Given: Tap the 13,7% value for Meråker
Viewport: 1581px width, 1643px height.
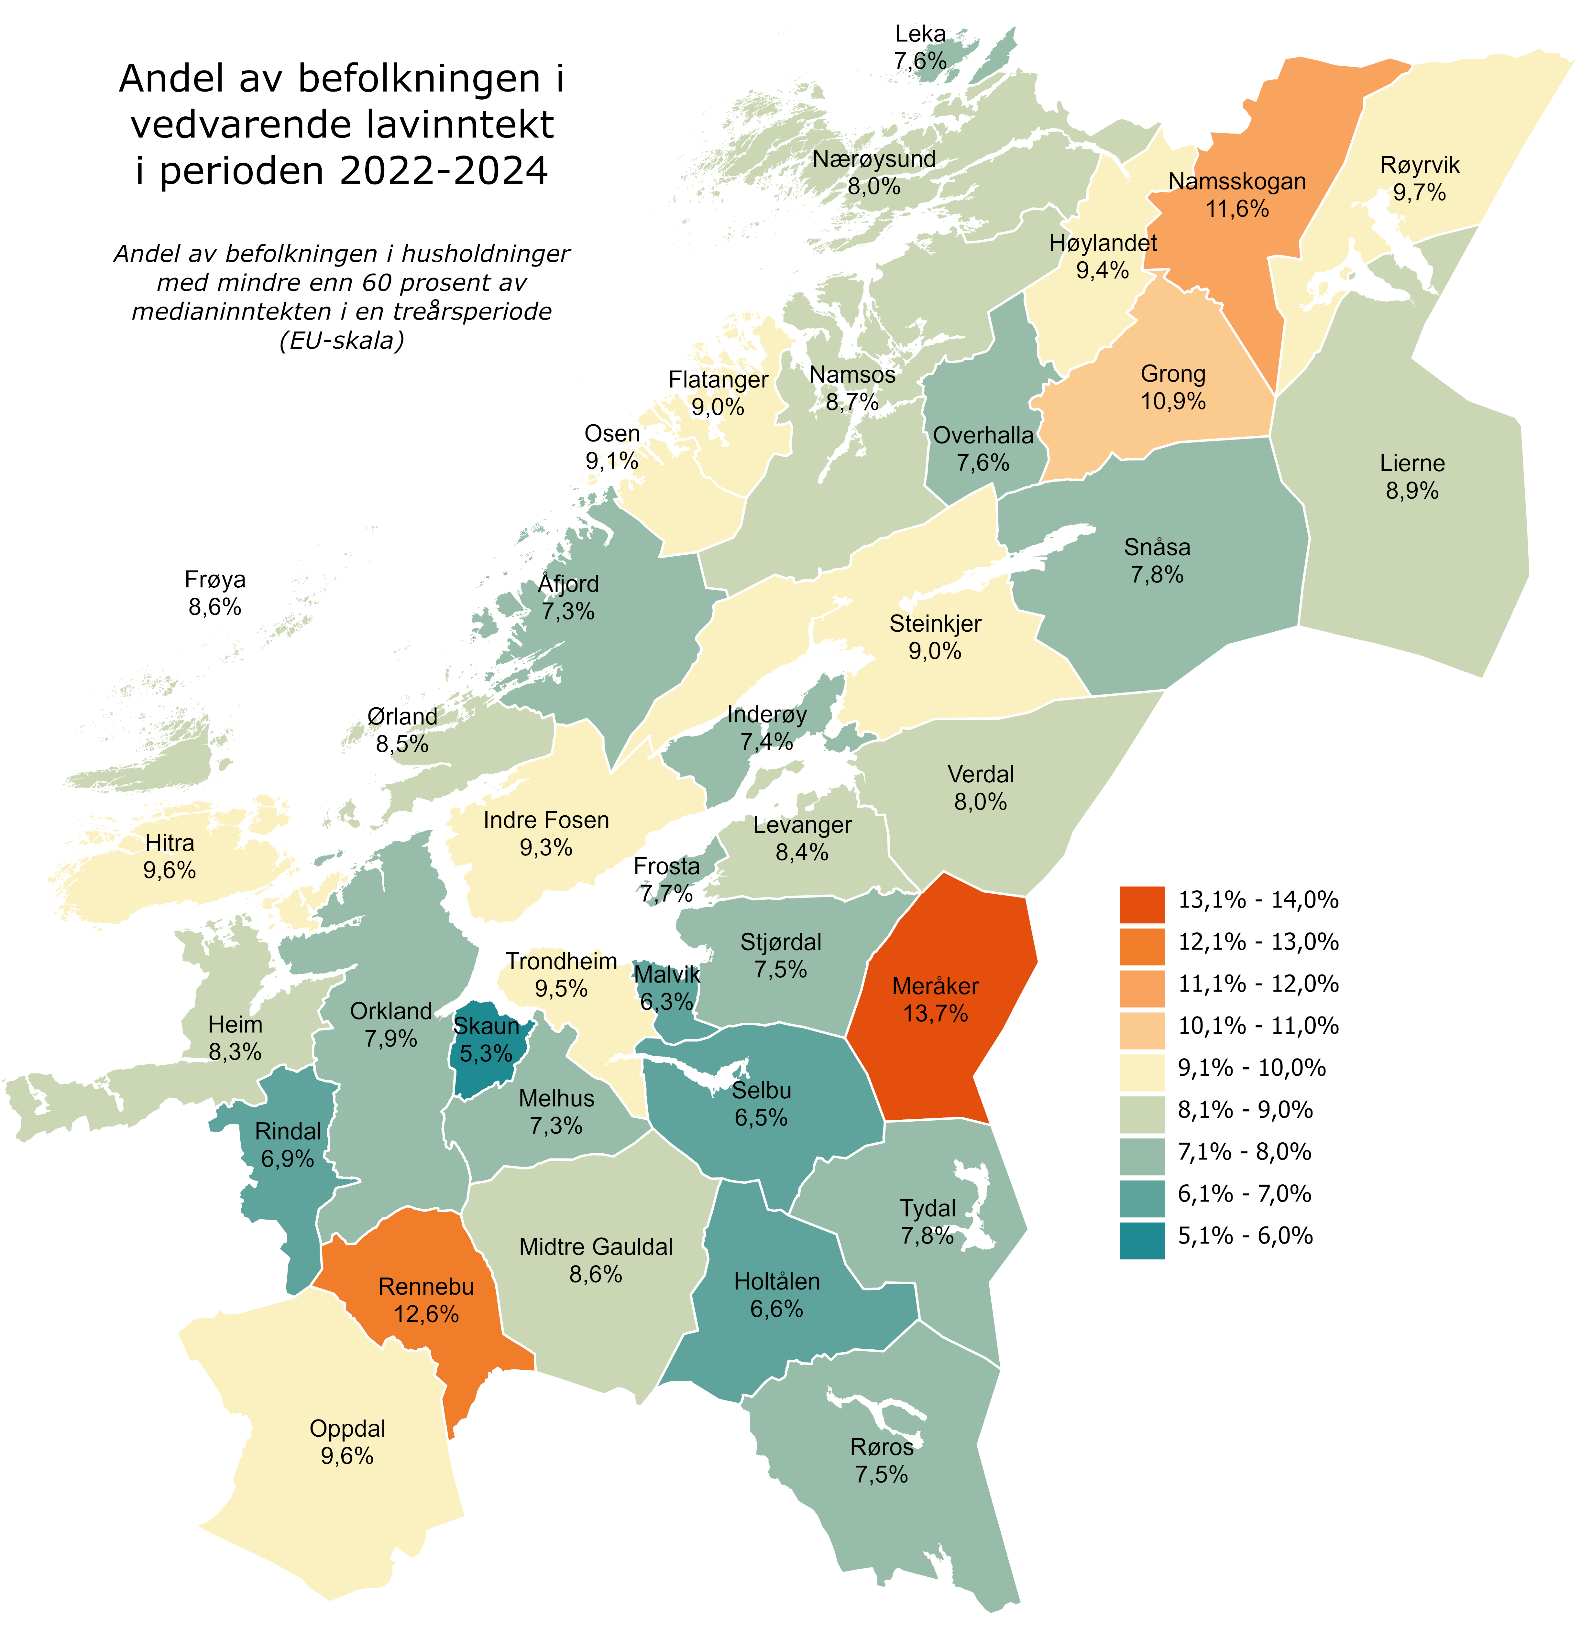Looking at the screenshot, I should [935, 1014].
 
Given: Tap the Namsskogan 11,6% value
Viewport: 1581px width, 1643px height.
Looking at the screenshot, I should [1237, 209].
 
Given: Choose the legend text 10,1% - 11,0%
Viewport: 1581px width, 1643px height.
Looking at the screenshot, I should [1257, 1025].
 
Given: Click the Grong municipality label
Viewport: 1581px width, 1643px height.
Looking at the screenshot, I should [1173, 374].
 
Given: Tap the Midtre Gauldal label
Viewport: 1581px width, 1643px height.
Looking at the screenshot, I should [595, 1246].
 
